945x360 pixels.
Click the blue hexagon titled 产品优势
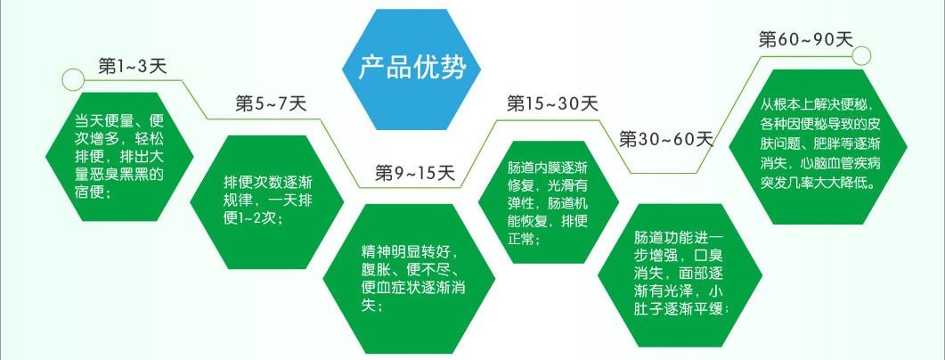click(411, 70)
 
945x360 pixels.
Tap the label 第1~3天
click(133, 66)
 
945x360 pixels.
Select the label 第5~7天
click(271, 104)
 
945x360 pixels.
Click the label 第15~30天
click(552, 103)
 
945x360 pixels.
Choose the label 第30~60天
click(666, 140)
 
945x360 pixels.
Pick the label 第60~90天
click(806, 40)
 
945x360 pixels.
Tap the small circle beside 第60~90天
click(862, 55)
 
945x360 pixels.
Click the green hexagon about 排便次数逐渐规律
click(267, 201)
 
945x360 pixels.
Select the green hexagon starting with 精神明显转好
click(409, 279)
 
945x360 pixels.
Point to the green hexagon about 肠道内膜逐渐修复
click(549, 202)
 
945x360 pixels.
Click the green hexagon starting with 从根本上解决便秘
click(818, 146)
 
